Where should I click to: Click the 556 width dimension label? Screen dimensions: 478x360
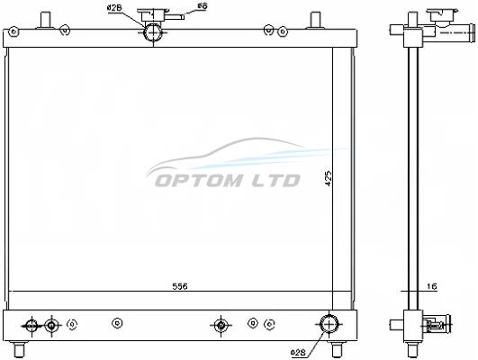180,286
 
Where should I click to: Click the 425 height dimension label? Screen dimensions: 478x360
329,178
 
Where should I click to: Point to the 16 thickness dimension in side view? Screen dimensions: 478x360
432,286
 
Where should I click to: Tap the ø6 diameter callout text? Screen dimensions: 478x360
203,5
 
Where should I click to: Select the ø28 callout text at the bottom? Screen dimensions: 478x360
298,353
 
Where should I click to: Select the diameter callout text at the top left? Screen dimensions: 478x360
114,8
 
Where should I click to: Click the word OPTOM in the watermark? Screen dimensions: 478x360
198,181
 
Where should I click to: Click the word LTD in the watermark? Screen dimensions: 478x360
275,181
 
